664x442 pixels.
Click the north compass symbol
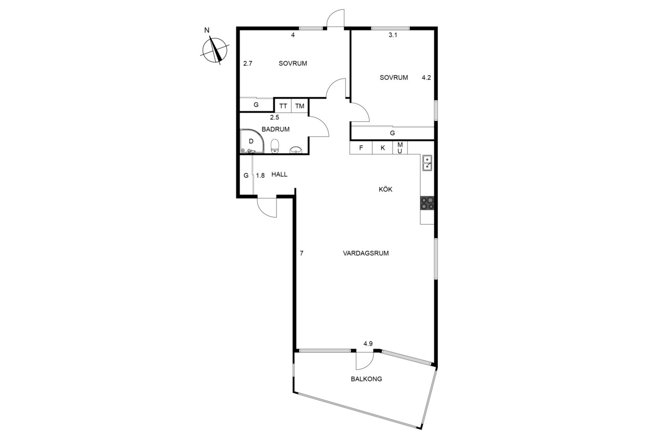(x=215, y=50)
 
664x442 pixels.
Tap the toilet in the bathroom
(x=275, y=146)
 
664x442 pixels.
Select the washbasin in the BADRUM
(x=296, y=150)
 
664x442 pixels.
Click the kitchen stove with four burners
(x=427, y=203)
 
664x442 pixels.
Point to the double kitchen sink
(x=427, y=163)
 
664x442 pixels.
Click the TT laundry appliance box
(x=283, y=106)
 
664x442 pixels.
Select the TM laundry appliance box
(x=300, y=106)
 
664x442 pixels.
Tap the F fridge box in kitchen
(x=361, y=148)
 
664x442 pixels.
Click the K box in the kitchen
(x=383, y=148)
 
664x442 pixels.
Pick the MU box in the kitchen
(x=400, y=148)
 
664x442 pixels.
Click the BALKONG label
(x=366, y=379)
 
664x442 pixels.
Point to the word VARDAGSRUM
(x=366, y=253)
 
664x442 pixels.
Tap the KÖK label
(x=385, y=189)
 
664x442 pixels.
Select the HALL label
(x=279, y=175)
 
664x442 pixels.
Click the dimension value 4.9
(x=368, y=344)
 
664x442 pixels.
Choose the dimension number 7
(x=301, y=253)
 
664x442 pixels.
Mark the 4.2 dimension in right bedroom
(x=426, y=78)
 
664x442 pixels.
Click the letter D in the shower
(x=251, y=141)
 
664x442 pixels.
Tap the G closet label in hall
(x=246, y=176)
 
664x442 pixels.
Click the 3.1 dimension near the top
(x=393, y=35)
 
